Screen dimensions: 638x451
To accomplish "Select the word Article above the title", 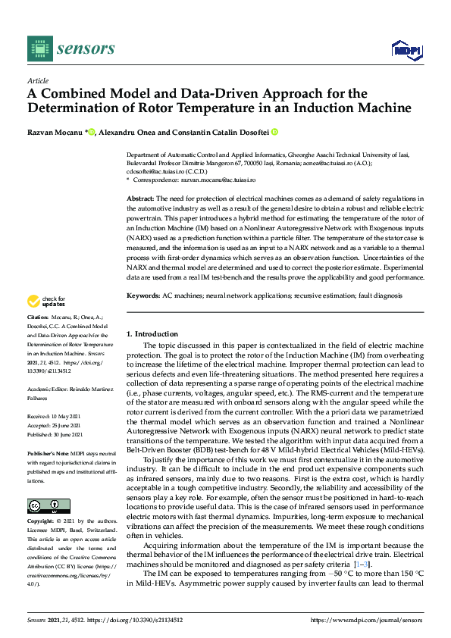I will (37, 80).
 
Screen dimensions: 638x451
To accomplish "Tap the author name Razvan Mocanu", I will (55, 132).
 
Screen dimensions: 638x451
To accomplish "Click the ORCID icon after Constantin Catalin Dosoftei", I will (275, 132).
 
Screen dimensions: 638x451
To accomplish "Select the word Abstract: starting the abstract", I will (139, 198).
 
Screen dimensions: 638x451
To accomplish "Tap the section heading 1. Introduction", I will (152, 334).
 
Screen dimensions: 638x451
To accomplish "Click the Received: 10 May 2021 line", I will (55, 416).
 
